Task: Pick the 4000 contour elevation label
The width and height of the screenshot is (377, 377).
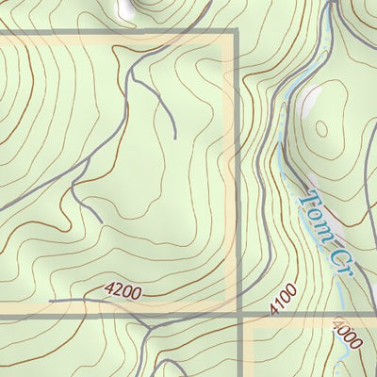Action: click(345, 335)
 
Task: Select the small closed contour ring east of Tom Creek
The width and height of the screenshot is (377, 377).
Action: click(323, 132)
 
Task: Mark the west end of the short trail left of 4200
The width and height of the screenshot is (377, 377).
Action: click(50, 302)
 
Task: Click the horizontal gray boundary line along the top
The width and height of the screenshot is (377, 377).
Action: click(113, 34)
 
